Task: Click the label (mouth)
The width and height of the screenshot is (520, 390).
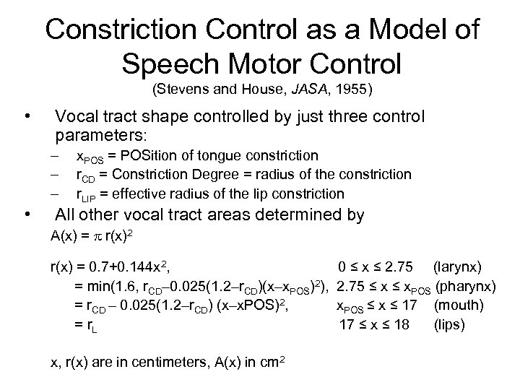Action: (459, 306)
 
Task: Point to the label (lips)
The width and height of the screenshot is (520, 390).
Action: (451, 324)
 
